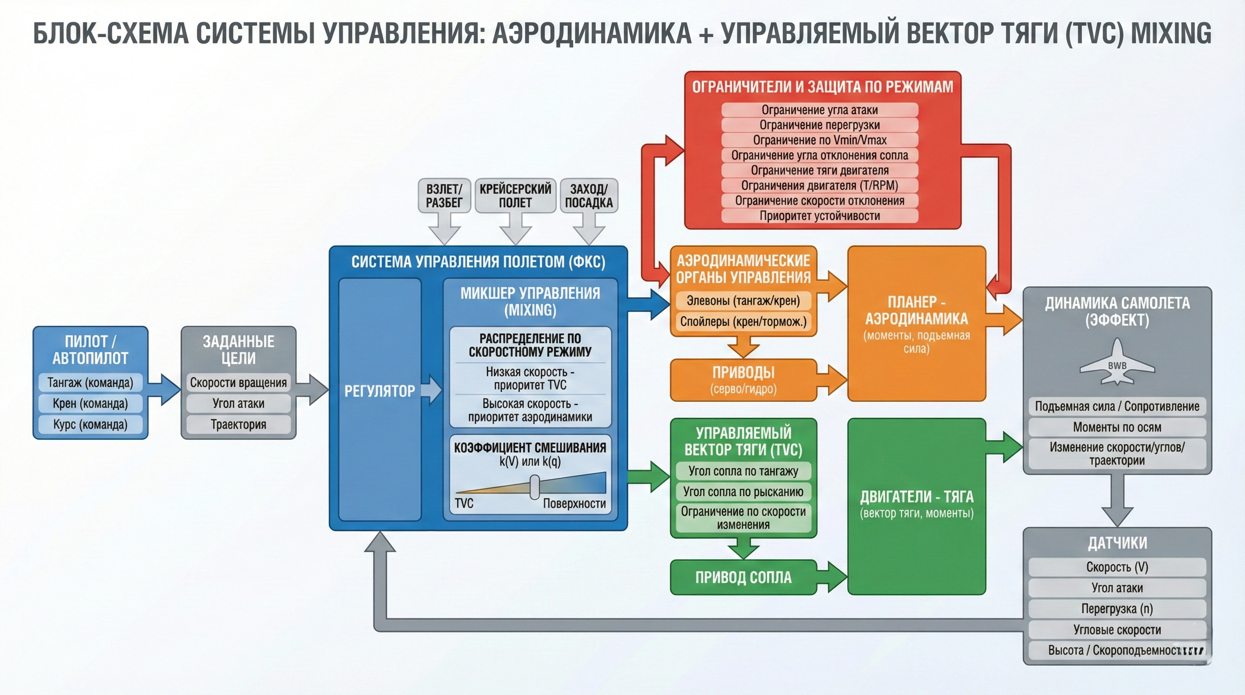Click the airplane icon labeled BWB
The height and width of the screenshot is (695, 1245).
point(1117,362)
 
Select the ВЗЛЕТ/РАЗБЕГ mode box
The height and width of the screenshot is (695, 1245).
point(444,196)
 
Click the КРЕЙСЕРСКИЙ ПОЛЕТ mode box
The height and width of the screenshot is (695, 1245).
point(515,196)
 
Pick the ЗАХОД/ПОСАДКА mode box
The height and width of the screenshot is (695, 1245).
point(589,196)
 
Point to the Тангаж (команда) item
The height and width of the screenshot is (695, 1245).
point(90,382)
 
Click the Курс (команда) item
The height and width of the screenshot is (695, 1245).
point(90,424)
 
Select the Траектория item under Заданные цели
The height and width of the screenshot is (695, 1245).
point(238,424)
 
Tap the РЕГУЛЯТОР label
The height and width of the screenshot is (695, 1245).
point(380,390)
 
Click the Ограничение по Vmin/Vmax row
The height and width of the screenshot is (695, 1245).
point(820,140)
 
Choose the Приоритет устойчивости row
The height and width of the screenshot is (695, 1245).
point(820,215)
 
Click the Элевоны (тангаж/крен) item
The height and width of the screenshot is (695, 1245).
point(743,300)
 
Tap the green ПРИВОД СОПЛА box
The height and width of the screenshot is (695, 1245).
point(743,577)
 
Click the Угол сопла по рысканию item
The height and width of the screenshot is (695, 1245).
point(743,491)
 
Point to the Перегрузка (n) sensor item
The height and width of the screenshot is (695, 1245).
point(1117,609)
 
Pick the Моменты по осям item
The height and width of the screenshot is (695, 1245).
point(1117,427)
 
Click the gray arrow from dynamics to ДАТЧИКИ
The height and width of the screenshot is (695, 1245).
point(1117,500)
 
